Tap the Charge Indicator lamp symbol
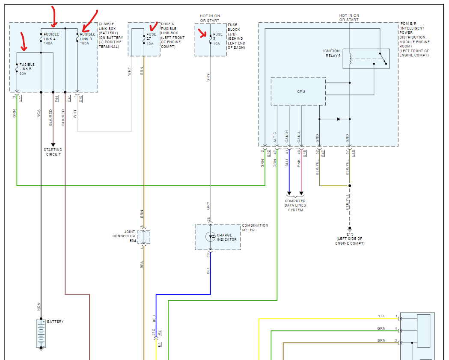tap(210, 237)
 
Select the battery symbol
tap(41, 334)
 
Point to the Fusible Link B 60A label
tap(27, 69)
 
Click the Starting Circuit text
tap(53, 152)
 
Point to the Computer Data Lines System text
tap(295, 205)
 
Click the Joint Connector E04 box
tap(144, 236)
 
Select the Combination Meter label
tap(255, 227)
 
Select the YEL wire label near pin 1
tap(381, 316)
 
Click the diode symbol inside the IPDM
tap(338, 119)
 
